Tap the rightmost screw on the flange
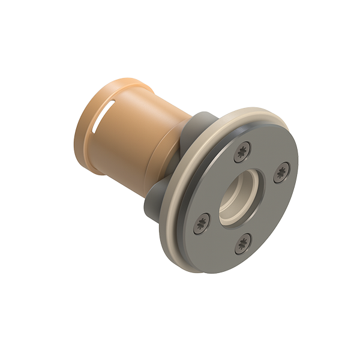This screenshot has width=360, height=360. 281,175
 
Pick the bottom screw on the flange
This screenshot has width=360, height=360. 243,242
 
